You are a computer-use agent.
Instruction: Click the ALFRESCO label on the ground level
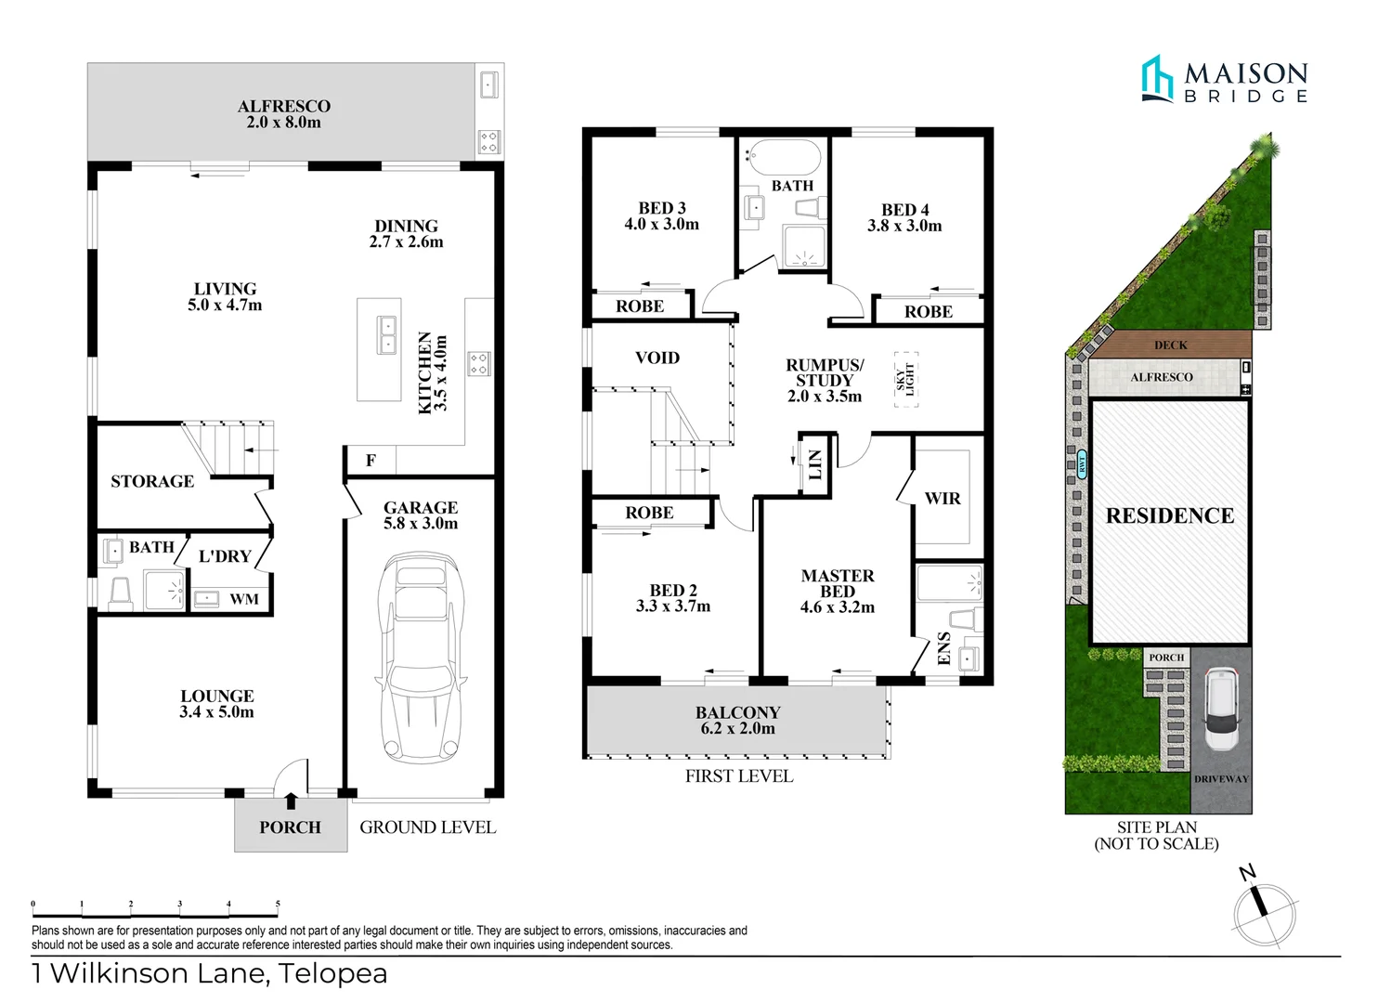pos(283,107)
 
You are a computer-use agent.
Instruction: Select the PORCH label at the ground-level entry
pos(290,827)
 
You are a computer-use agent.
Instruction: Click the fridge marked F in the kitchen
pos(370,461)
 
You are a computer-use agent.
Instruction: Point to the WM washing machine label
pos(244,599)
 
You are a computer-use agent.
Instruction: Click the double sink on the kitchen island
pos(385,335)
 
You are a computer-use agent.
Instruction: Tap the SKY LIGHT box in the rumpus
pos(905,379)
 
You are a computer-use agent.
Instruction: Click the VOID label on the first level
pos(657,358)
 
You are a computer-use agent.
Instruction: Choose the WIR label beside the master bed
pos(942,499)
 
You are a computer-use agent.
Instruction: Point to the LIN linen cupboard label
pos(814,464)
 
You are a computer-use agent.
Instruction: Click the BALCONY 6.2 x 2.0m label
pos(738,720)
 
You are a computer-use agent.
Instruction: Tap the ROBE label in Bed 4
pos(928,312)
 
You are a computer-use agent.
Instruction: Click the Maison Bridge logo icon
pos(1157,78)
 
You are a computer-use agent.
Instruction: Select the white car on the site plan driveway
pos(1221,710)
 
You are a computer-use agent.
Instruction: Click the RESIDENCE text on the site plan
pos(1170,516)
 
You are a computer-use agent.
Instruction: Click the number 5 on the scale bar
pos(278,904)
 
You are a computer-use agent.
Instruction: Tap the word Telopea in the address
pos(333,973)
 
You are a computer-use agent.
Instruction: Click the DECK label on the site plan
pos(1170,345)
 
